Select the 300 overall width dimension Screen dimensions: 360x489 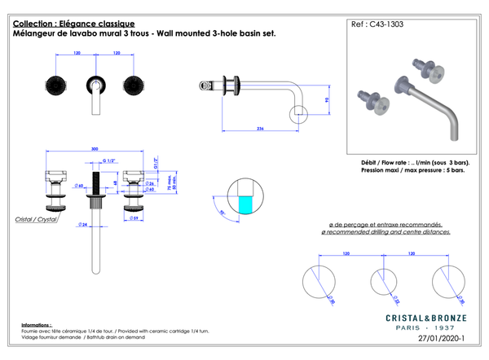(x=95, y=149)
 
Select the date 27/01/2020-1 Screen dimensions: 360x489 (x=440, y=336)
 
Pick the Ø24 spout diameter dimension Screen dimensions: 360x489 (x=84, y=224)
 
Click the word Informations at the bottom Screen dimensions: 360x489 (x=37, y=324)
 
